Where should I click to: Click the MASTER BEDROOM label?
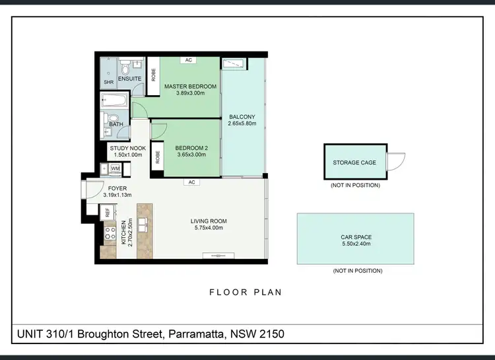(190, 87)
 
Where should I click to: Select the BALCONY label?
(242, 118)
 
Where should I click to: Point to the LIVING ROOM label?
(209, 221)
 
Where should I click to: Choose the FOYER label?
(117, 188)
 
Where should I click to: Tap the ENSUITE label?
(129, 79)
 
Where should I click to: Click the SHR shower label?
(108, 82)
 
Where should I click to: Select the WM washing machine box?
(115, 168)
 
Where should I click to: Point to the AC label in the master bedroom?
(189, 60)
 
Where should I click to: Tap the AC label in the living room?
(191, 182)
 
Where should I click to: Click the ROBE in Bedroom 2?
(157, 157)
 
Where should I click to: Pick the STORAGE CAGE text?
(354, 162)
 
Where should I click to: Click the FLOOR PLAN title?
(246, 291)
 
